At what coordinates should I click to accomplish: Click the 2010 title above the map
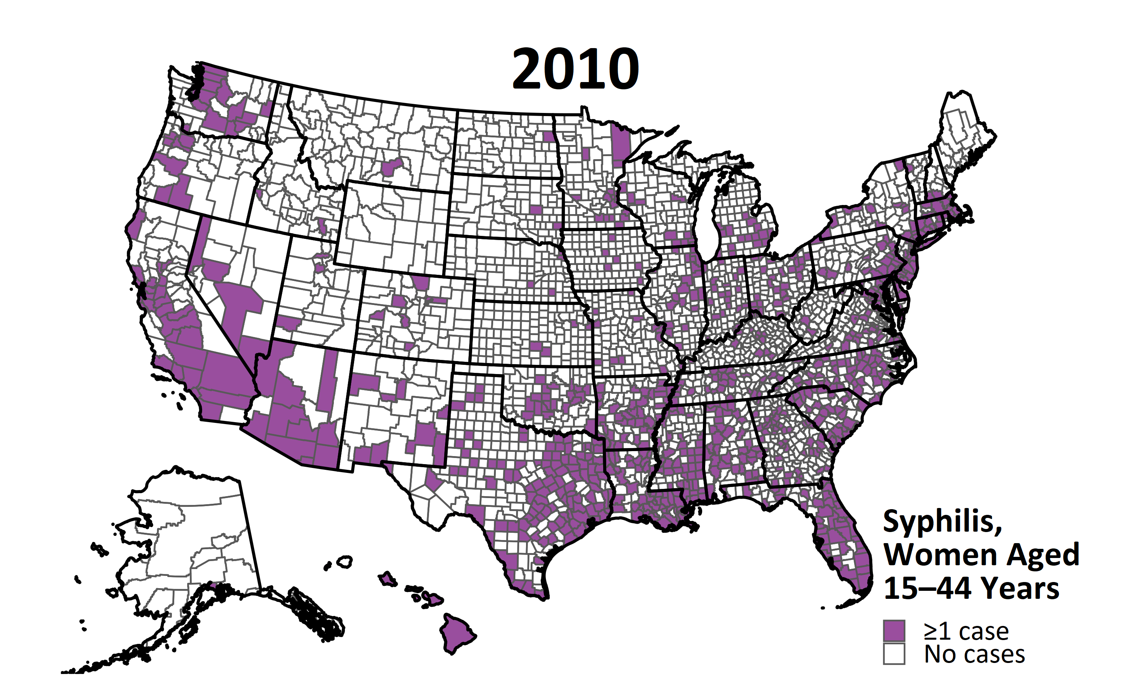[x=575, y=70]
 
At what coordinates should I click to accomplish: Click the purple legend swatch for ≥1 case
[x=893, y=631]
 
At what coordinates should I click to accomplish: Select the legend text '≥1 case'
[x=966, y=631]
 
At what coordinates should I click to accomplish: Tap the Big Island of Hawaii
[x=456, y=632]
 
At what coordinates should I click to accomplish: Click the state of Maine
[x=963, y=130]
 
